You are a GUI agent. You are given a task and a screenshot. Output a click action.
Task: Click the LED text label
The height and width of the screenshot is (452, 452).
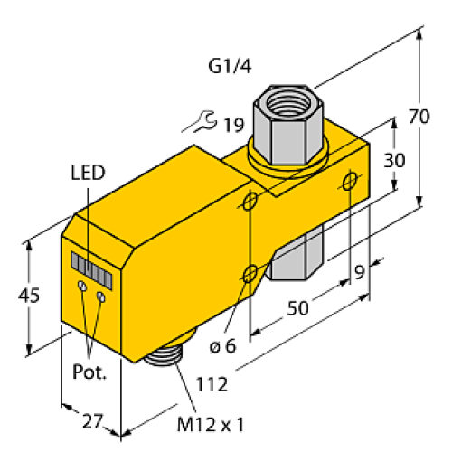coord(88,172)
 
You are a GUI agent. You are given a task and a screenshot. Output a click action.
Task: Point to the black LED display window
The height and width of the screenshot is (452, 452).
coord(94,268)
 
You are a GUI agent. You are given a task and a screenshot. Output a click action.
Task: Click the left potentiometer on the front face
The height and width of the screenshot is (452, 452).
coord(82,286)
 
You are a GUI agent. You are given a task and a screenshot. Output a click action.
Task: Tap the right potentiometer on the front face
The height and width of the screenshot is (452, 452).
coord(102,296)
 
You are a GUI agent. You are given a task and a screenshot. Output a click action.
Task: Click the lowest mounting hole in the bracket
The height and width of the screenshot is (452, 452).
coord(253,271)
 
